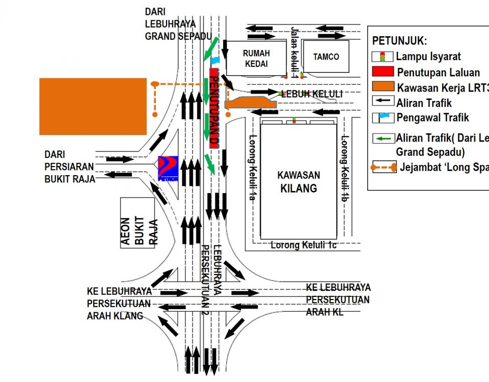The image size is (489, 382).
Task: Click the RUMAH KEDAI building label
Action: (256, 58)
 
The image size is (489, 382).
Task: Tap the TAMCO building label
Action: (326, 57)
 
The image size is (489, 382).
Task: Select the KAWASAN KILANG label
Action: (298, 182)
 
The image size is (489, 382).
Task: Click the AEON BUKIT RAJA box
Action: (138, 223)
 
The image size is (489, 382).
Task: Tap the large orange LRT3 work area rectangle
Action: (93, 106)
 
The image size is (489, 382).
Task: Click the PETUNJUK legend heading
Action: (399, 41)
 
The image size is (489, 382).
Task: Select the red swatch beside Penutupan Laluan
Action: (383, 72)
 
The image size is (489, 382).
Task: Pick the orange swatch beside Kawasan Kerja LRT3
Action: (383, 87)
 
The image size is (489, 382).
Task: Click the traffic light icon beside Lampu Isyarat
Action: (383, 57)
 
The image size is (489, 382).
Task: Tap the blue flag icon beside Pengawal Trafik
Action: (383, 118)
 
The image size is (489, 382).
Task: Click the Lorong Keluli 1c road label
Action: (304, 245)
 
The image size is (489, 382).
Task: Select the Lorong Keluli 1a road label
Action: (252, 167)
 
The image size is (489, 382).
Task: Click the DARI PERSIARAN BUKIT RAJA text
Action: (69, 167)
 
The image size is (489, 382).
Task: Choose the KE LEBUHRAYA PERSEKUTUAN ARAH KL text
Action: (338, 300)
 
